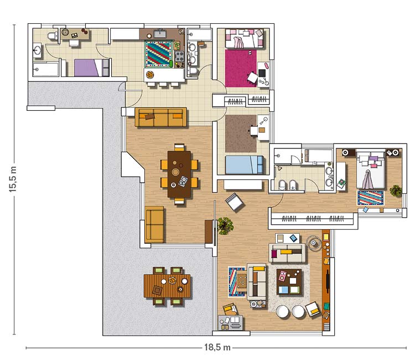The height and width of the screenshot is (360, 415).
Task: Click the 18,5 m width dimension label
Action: coord(217,347)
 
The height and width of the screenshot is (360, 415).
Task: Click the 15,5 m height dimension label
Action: coord(13,179)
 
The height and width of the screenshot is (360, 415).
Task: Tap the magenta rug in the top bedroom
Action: coord(241,68)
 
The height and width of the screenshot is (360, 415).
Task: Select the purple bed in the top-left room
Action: coord(91,68)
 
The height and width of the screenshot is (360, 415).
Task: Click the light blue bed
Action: coord(244,164)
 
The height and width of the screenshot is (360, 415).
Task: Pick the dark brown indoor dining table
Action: coord(179,174)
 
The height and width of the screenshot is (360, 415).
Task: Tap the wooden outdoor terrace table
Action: coord(167,286)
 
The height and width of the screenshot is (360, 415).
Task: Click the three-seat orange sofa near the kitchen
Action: coord(160,117)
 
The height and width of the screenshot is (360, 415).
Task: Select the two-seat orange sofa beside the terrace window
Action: coord(154,225)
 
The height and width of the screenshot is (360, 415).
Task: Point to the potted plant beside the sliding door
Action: coord(225,226)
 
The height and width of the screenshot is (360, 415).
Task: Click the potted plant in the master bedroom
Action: coord(396,191)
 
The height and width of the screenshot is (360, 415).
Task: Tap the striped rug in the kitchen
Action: coord(159,54)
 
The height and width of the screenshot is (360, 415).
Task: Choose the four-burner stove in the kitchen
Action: coord(179,56)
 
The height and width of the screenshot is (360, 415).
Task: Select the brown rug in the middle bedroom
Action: coord(241,133)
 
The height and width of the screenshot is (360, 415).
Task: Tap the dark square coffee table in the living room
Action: coord(289,282)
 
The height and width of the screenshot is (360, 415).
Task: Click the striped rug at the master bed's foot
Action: coord(371,198)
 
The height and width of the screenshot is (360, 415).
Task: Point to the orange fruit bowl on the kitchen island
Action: coord(150,75)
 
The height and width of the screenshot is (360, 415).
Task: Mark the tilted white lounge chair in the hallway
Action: coord(234,202)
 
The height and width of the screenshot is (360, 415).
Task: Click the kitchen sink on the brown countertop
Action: coord(160,34)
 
